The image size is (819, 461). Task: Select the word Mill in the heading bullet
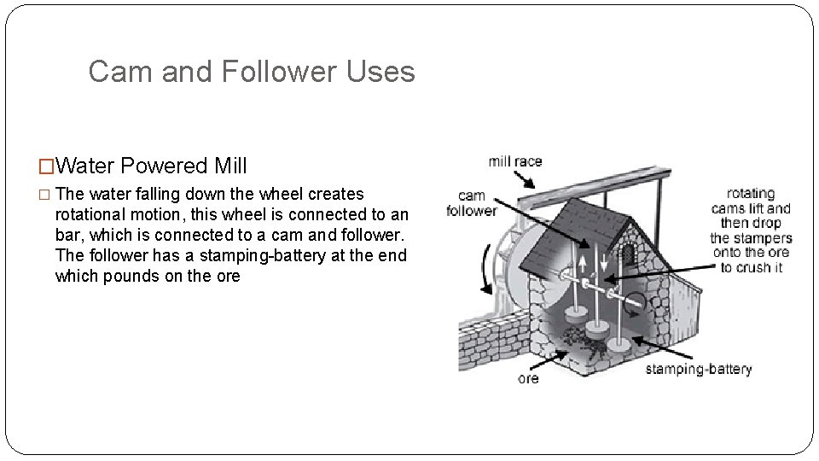pos(229,165)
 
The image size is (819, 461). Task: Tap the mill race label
pos(514,161)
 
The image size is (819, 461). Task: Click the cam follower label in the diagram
pos(471,203)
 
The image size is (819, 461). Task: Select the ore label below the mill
pos(528,378)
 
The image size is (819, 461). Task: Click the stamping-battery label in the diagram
pos(698,369)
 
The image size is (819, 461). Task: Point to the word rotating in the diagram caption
pos(751,193)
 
